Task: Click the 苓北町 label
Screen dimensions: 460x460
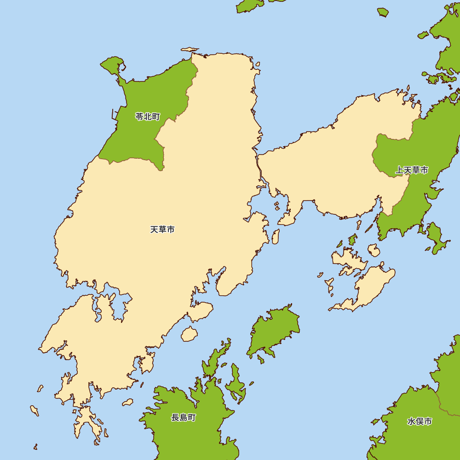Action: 148,117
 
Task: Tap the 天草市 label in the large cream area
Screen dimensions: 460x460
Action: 162,230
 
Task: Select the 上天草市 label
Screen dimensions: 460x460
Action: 412,171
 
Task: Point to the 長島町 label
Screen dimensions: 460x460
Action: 184,418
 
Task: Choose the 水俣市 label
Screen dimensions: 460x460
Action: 420,421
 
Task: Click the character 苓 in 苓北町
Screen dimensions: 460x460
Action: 139,117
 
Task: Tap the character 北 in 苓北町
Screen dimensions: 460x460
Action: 148,117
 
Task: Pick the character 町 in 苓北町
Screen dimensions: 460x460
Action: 156,117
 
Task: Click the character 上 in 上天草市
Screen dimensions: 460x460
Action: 399,171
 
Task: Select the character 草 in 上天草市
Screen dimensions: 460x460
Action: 416,171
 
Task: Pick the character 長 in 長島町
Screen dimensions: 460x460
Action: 175,418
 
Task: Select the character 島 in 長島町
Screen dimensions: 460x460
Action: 184,418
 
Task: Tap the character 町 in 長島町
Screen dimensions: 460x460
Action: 192,418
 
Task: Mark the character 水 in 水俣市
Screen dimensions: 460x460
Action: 411,421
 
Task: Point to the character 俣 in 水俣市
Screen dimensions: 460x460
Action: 420,421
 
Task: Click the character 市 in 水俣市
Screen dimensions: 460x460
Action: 428,421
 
